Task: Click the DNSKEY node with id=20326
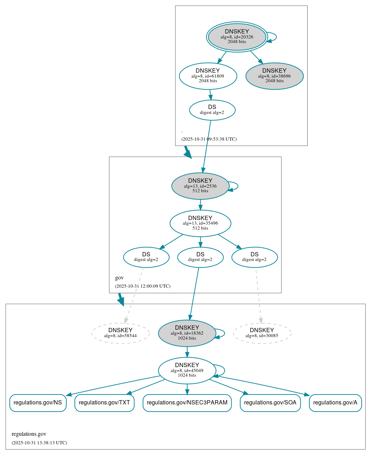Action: tap(237, 37)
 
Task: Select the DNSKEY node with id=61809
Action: tap(208, 76)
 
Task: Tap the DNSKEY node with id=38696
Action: tap(274, 76)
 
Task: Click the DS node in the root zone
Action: tap(212, 110)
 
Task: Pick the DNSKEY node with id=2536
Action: tap(200, 186)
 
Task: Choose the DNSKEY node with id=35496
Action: tap(200, 223)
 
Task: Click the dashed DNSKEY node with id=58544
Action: tap(120, 333)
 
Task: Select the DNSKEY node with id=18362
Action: tap(187, 333)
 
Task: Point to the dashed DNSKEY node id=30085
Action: tap(262, 333)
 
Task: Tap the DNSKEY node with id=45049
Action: tap(187, 371)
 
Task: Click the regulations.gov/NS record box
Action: tap(38, 403)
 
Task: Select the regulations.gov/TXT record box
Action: tap(104, 403)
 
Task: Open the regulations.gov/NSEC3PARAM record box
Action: tap(187, 403)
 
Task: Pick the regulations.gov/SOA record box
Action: tap(270, 403)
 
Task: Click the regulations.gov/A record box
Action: tap(335, 403)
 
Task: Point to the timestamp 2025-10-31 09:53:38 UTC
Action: tap(209, 139)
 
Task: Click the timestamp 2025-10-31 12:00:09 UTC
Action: tap(143, 286)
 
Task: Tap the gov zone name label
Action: tap(119, 278)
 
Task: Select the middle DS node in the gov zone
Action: tap(200, 257)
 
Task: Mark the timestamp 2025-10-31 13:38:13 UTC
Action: tap(39, 443)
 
